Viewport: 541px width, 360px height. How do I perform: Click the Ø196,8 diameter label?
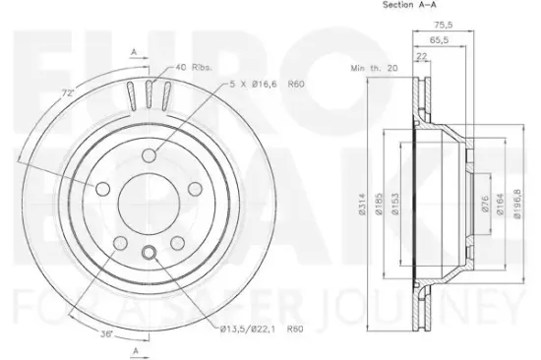pyautogui.click(x=518, y=207)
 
